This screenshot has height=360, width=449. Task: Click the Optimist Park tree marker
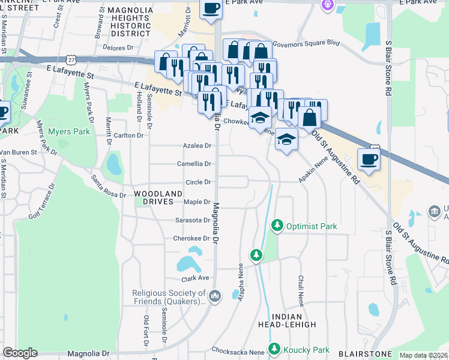coord(277,226)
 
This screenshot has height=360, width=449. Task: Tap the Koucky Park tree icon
coord(274,349)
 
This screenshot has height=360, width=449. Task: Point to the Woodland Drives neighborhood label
coord(158,197)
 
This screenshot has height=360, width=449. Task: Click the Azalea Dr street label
coord(197,146)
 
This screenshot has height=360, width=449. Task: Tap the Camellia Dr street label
coord(194,164)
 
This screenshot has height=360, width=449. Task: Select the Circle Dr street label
coord(198,182)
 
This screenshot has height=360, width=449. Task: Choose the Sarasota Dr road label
coord(192,220)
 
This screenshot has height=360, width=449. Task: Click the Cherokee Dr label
coord(191,238)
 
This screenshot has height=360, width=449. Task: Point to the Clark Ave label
coord(195,278)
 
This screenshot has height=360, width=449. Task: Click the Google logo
coord(20,353)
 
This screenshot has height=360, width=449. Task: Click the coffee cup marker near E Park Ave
coord(210,8)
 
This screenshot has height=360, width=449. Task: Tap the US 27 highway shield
coord(72,59)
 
